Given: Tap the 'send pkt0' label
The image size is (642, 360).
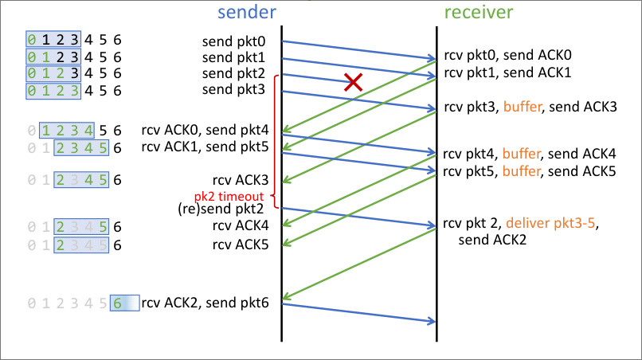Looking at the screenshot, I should [237, 40].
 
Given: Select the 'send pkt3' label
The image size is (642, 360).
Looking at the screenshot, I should [237, 89].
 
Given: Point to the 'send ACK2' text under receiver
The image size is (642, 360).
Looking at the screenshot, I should [491, 238].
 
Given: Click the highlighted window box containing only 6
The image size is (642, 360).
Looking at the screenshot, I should [123, 303].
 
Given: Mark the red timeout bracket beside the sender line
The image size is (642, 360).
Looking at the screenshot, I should [275, 135].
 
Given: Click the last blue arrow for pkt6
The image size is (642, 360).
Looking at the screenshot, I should [358, 312].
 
